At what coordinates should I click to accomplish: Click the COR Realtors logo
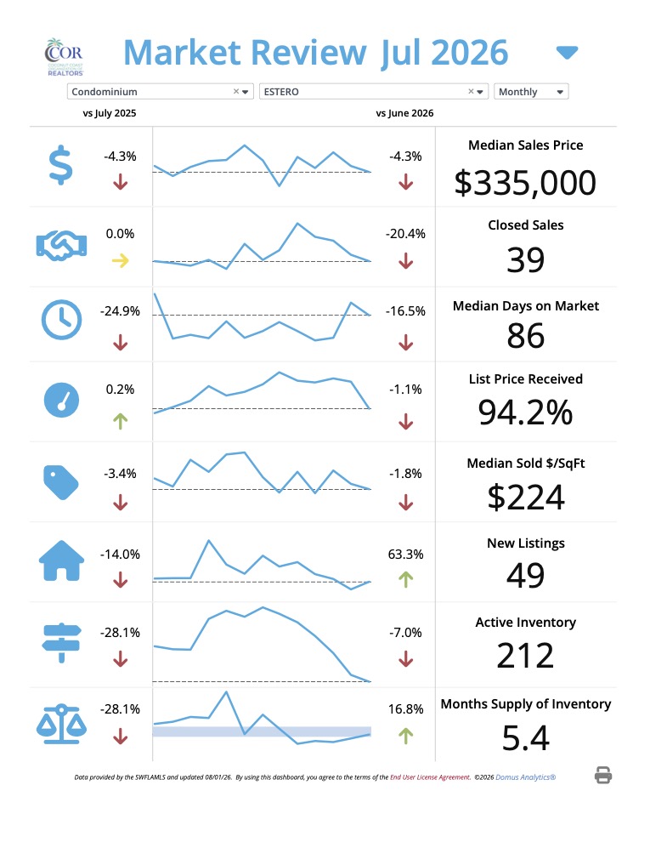pos(64,56)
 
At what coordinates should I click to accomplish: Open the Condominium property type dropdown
pos(160,92)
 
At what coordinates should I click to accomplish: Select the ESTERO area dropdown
pos(373,92)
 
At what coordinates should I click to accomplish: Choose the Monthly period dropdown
pos(531,92)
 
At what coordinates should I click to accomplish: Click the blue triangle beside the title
pos(567,53)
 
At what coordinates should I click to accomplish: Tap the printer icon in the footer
pos(603,776)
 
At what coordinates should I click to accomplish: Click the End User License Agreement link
pos(430,777)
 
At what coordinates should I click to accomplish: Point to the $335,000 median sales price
pos(525,183)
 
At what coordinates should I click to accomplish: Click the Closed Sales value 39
pos(526,260)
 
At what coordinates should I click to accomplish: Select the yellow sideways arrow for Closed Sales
pos(120,261)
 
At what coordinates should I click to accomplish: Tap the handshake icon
pos(62,246)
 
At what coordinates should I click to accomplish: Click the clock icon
pos(62,320)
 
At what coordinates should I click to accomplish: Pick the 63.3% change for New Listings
pos(405,555)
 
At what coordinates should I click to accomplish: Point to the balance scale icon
pos(62,724)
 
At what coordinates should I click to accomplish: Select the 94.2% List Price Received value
pos(526,412)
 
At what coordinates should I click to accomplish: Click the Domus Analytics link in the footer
pos(526,777)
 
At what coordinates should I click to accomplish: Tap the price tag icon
pos(60,481)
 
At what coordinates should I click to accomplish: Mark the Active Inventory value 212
pos(526,656)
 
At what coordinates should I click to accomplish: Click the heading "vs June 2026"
pos(405,113)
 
